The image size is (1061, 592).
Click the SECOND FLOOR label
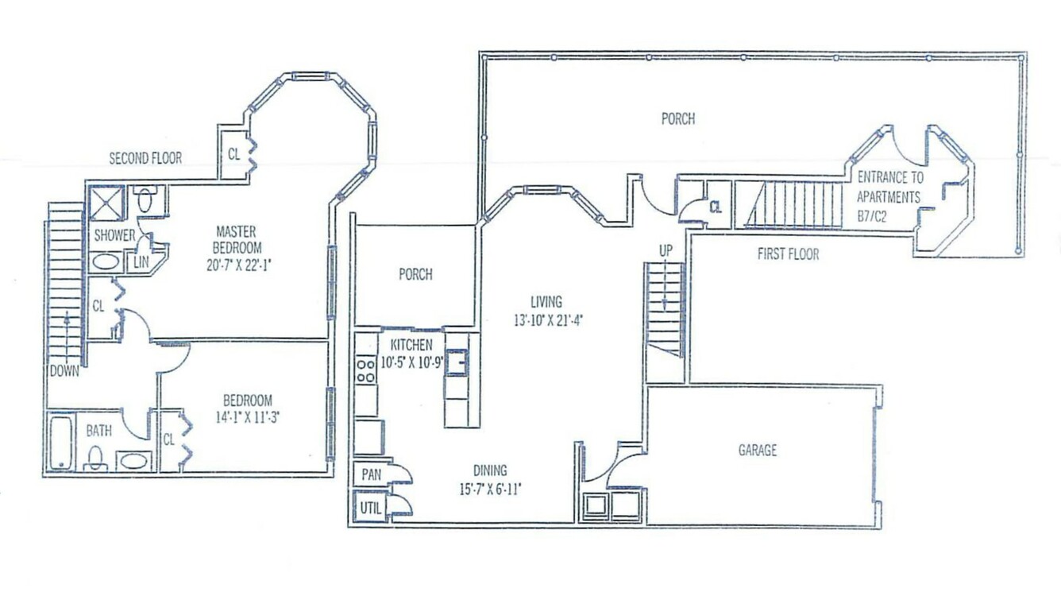(x=145, y=158)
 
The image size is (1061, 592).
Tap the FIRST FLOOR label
(x=788, y=254)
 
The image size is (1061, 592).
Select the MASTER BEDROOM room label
(x=237, y=240)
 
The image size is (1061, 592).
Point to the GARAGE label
(x=758, y=450)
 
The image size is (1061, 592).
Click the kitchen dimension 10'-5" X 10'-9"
(x=411, y=363)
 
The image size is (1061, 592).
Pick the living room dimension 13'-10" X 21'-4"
(x=548, y=321)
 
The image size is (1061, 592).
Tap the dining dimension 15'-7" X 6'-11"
(x=490, y=489)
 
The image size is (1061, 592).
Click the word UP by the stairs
(x=666, y=251)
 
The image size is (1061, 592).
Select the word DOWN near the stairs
(x=64, y=371)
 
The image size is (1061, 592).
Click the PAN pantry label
(x=372, y=474)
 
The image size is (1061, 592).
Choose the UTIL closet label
(x=370, y=509)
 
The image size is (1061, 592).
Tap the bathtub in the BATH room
(x=60, y=443)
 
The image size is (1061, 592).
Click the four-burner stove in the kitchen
(x=365, y=370)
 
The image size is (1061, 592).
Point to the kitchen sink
(x=457, y=362)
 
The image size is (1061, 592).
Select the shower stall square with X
(x=107, y=203)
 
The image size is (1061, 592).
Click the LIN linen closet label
(x=141, y=261)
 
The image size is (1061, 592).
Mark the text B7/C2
(x=872, y=217)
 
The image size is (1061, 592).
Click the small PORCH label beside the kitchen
(x=415, y=274)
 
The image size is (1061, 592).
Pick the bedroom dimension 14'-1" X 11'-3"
(x=247, y=417)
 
